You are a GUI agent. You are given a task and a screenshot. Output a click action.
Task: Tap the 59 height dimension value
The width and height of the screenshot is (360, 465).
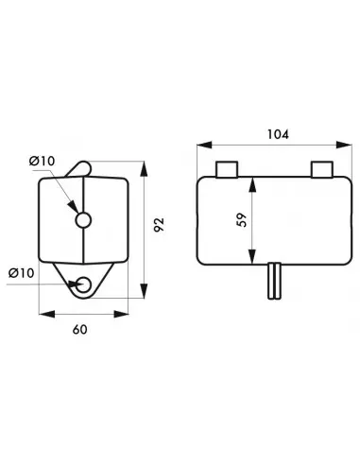click(x=241, y=219)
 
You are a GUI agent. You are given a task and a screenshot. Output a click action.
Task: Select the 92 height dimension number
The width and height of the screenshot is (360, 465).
click(x=160, y=226)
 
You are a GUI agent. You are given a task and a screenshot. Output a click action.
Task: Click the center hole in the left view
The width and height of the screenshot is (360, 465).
click(x=83, y=220)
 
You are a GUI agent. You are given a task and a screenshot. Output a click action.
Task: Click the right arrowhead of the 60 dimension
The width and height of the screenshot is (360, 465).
click(x=127, y=310)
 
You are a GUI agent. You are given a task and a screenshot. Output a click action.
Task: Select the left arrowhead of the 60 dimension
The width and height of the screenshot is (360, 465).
click(x=40, y=310)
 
